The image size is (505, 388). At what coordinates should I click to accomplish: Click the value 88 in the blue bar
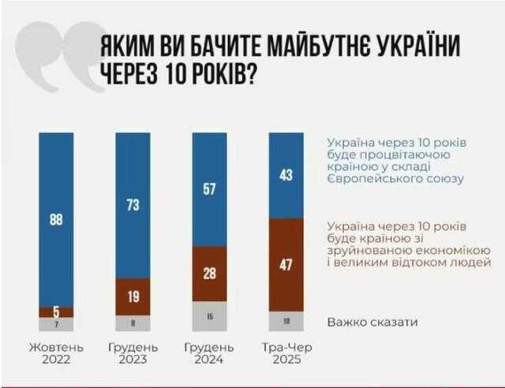tap(55, 220)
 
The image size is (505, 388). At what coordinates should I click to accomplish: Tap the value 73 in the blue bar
tap(133, 205)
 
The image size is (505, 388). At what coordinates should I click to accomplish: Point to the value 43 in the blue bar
tap(286, 175)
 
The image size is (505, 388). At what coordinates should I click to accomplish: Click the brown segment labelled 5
tap(55, 312)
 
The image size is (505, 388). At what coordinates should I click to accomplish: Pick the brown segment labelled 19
tap(133, 297)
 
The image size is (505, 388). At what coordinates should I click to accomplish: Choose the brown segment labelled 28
tap(209, 274)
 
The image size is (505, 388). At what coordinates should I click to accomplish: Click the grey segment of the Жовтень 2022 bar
tap(55, 324)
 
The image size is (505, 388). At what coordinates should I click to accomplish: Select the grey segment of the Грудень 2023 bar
tap(133, 323)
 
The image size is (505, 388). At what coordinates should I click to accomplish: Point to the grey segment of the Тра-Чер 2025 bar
tap(286, 321)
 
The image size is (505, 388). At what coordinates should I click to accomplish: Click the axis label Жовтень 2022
tap(55, 353)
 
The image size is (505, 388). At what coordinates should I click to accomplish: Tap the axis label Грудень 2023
tap(133, 353)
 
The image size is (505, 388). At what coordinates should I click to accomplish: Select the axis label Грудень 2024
tap(209, 353)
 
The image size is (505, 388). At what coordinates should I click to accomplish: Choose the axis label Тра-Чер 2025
tap(286, 353)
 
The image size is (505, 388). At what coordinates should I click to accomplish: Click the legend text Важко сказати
tap(372, 322)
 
